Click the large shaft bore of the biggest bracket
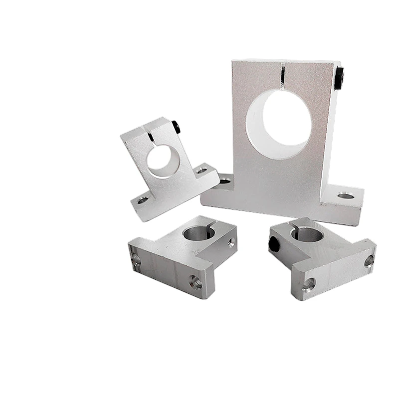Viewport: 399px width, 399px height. coord(278,122)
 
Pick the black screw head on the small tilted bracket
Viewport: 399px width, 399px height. coord(177,126)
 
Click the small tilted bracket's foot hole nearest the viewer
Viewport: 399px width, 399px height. coord(143,200)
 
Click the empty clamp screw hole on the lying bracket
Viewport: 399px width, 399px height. coord(231,243)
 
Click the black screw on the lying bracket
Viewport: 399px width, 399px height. coord(274,243)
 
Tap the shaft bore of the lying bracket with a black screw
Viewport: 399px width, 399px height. coord(308,233)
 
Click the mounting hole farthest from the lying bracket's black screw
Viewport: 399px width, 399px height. coord(369,260)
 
